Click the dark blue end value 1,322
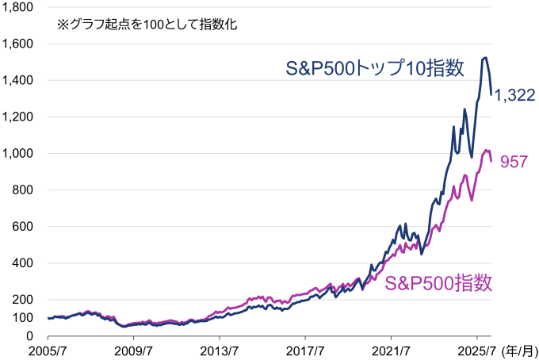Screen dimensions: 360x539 (515, 96)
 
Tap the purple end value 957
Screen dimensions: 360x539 (514, 162)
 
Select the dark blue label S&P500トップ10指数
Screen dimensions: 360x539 (375, 68)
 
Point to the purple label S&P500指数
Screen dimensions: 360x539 (438, 284)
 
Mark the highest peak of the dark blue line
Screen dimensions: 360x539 (485, 58)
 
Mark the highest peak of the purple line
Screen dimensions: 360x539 (487, 150)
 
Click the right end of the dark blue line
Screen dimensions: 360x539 (491, 93)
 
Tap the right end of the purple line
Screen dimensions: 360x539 (491, 161)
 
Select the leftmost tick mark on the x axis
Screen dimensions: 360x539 (48, 338)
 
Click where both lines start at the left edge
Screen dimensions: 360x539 (48, 318)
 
